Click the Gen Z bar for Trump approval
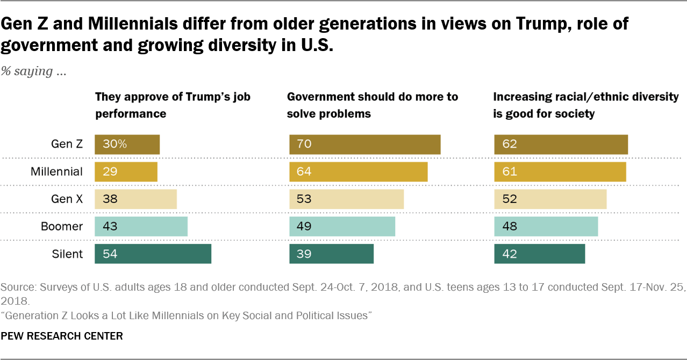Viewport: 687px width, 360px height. [127, 145]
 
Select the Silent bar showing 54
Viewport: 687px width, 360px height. [153, 254]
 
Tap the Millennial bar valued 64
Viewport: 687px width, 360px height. [358, 172]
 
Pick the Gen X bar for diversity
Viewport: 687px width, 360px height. [550, 199]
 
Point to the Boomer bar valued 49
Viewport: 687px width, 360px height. [342, 227]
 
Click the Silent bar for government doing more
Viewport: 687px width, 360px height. [331, 254]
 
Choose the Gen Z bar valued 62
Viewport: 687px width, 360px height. [561, 145]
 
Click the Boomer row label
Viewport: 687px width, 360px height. [62, 227]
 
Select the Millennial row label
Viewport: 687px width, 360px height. [56, 172]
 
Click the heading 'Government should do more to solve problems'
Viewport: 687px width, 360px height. [373, 105]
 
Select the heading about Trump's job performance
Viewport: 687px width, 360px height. [173, 105]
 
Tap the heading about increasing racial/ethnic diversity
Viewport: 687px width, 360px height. [586, 105]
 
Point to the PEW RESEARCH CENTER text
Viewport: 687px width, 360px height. [62, 336]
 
